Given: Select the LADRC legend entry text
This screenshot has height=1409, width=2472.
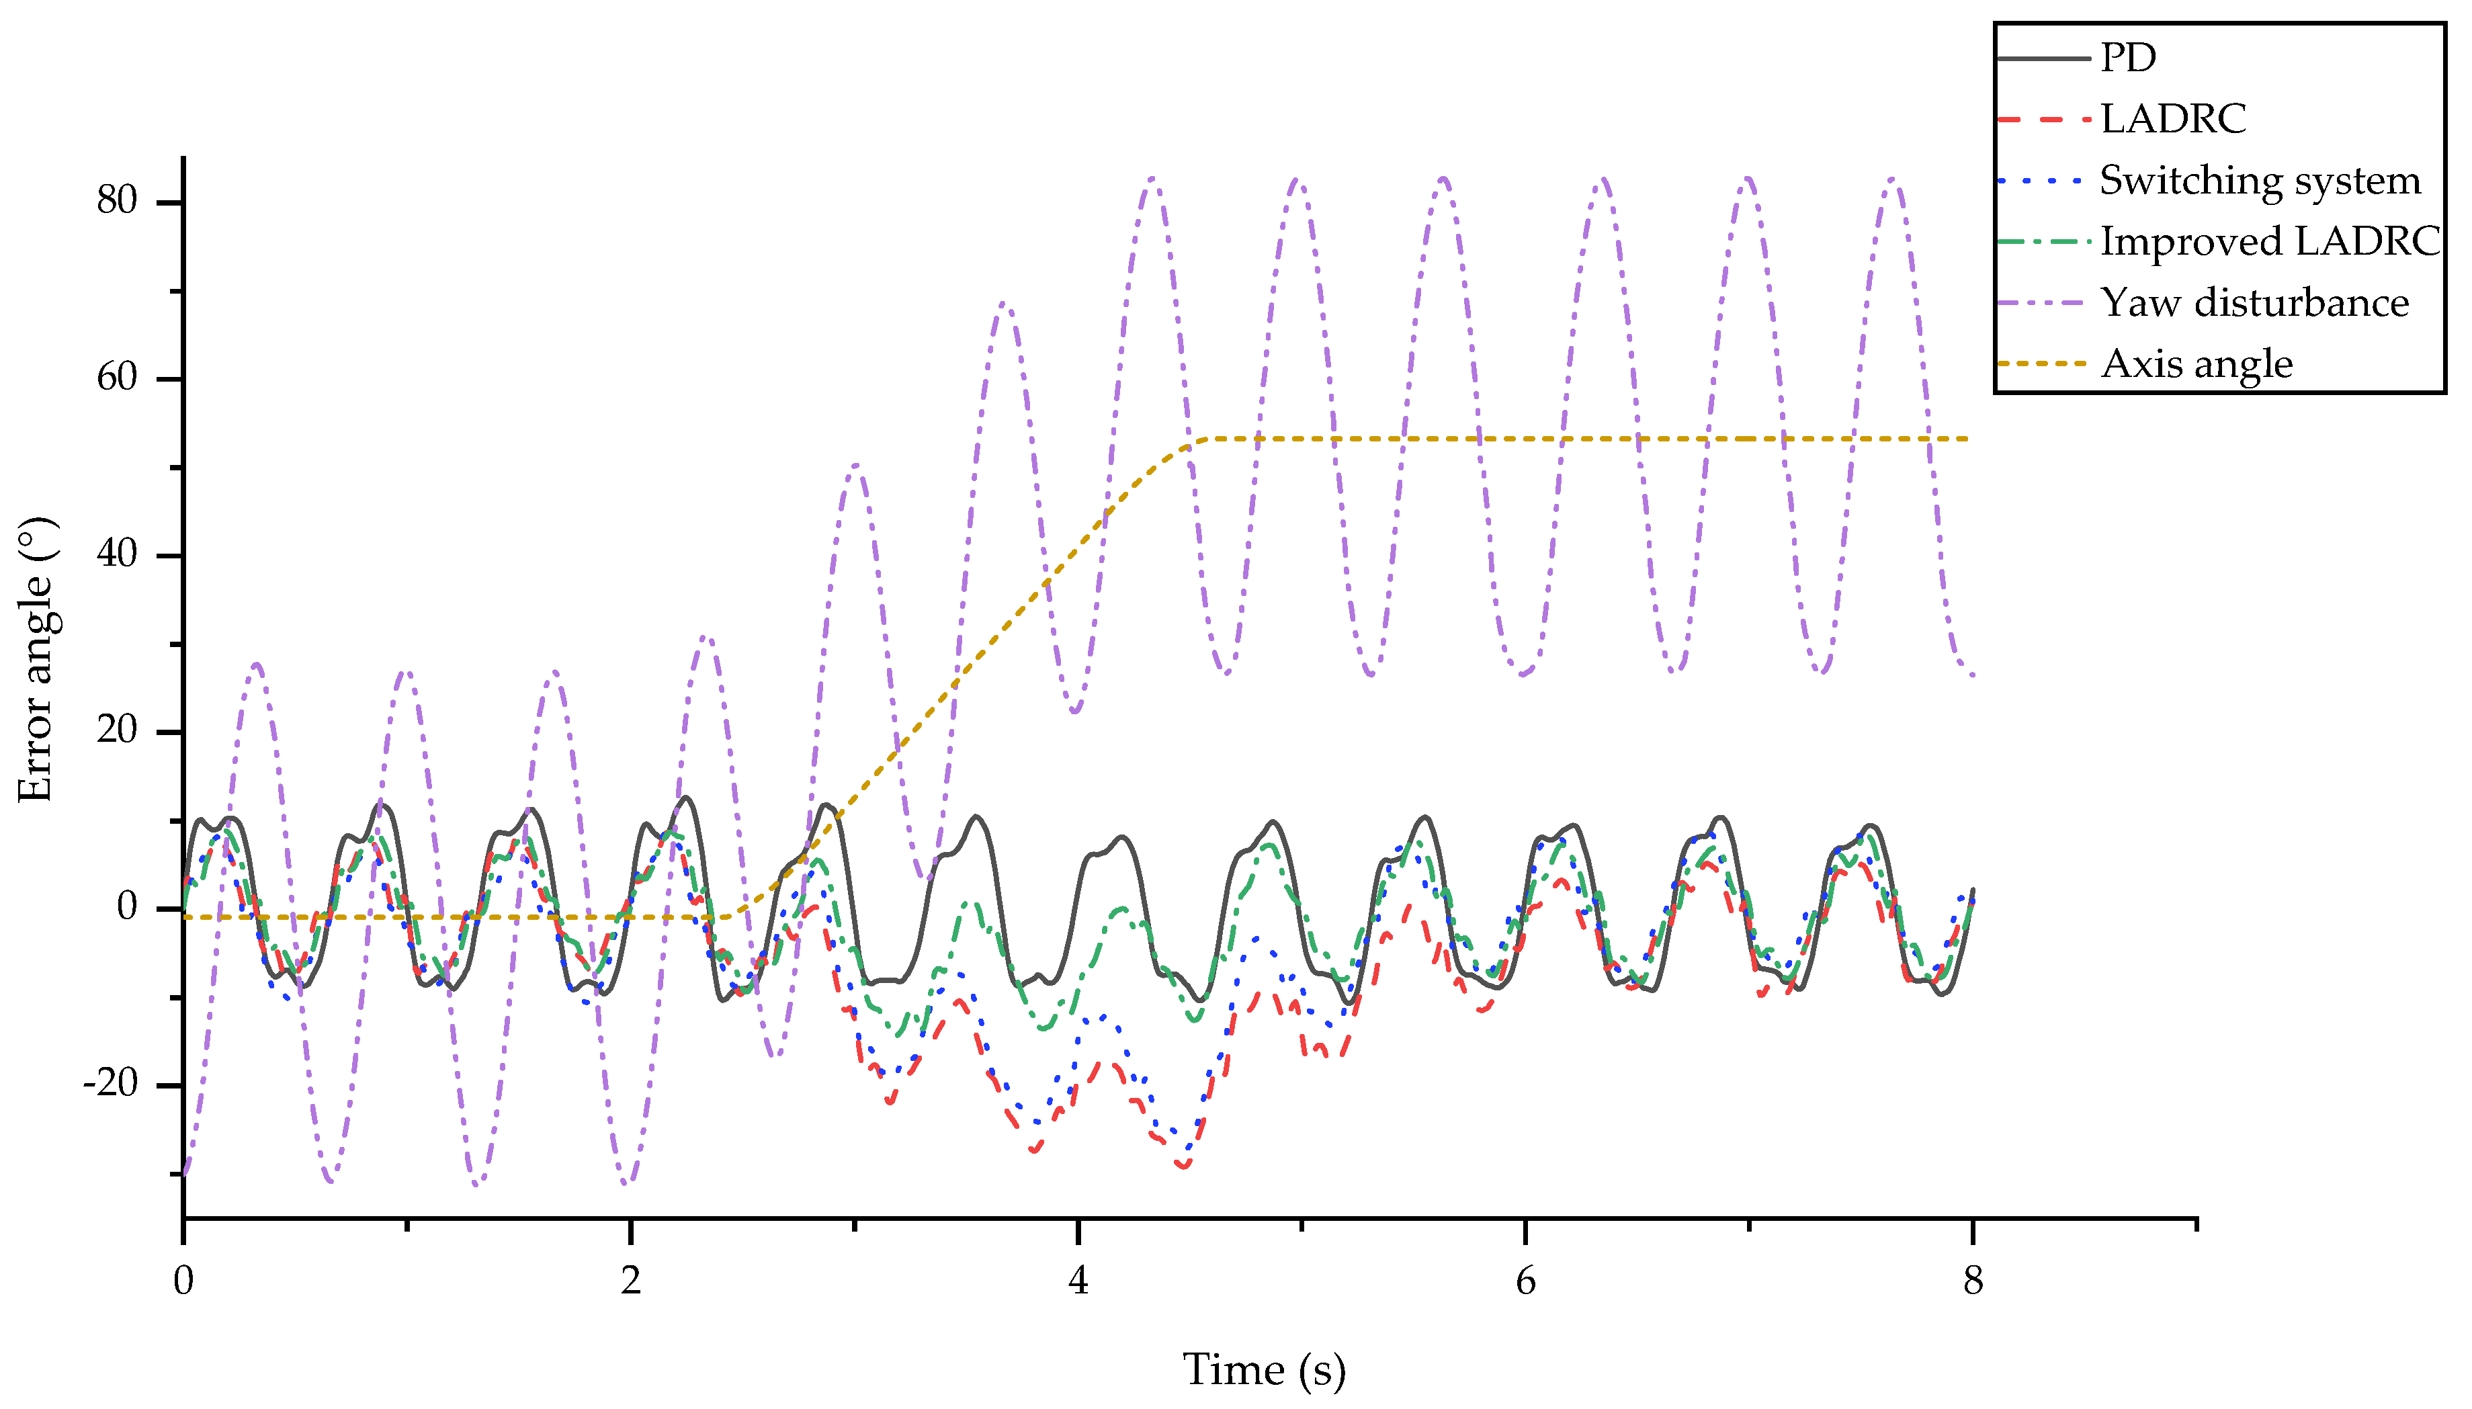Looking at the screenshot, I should click(x=2172, y=119).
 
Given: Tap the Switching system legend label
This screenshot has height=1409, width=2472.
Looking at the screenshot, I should click(x=2259, y=181).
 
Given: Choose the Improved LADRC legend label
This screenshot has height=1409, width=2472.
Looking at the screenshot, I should click(x=2270, y=242).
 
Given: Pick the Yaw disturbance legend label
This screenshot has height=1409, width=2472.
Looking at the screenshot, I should click(x=2254, y=303).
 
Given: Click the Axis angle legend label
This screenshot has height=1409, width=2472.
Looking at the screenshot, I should click(x=2197, y=364).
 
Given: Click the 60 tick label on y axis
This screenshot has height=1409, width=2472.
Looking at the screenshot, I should click(x=117, y=378).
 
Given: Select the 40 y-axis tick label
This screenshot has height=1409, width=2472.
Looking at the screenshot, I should click(x=117, y=554).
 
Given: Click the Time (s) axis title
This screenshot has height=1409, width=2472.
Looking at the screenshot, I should click(x=1264, y=1370).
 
